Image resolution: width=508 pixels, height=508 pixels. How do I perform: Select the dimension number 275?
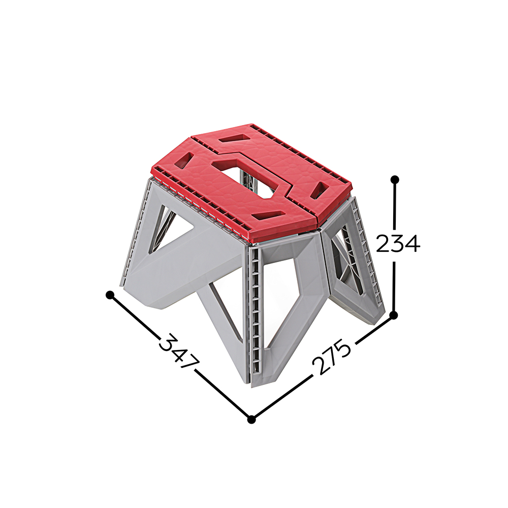coord(331,357)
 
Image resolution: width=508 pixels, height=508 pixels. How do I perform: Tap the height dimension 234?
coord(398,243)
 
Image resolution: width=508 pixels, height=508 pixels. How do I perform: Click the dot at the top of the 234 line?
coord(395,179)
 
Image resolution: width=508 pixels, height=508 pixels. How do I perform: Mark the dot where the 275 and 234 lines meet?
coord(394,315)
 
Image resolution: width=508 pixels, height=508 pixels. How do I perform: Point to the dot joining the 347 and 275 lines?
coord(251,420)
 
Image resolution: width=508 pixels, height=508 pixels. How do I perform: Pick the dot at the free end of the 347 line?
coord(110,295)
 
